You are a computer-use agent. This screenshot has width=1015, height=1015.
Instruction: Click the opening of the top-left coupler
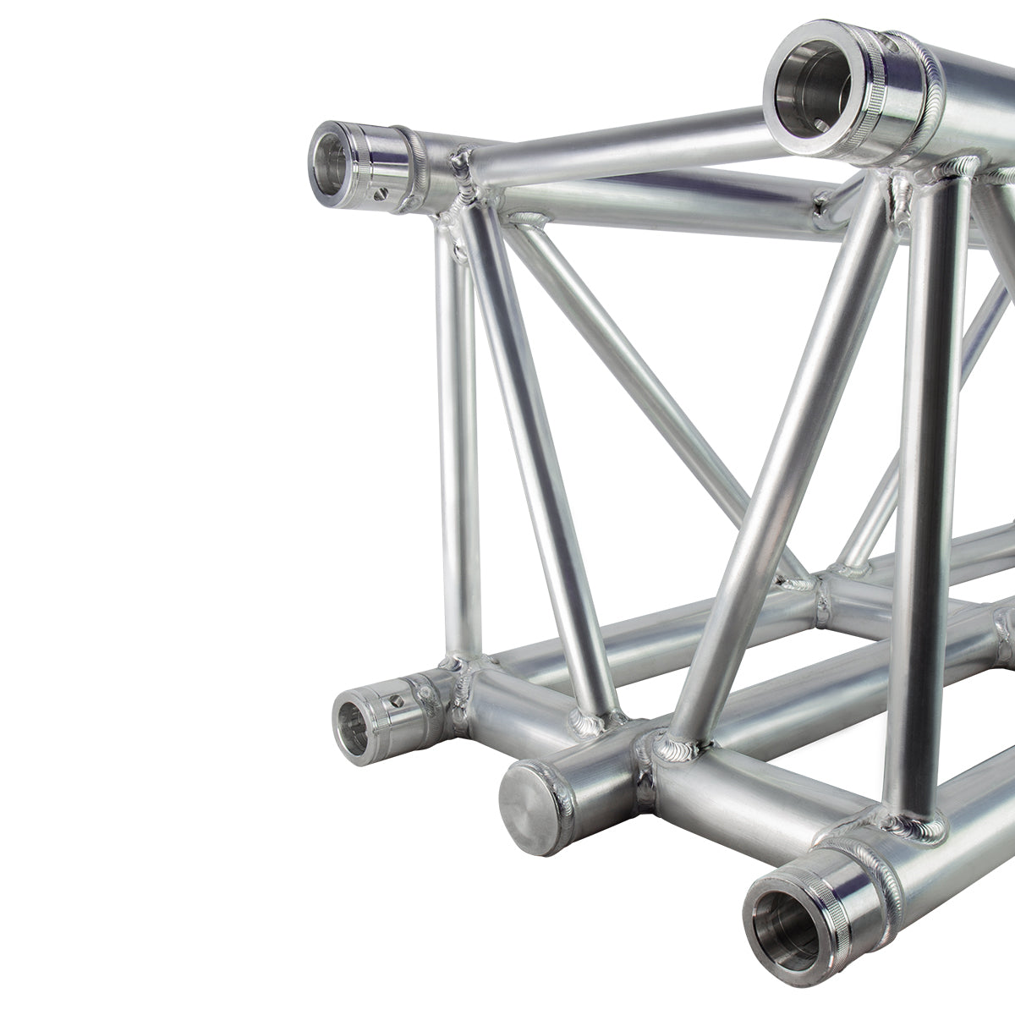coord(331,160)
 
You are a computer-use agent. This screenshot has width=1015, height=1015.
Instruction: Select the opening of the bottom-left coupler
coord(354,727)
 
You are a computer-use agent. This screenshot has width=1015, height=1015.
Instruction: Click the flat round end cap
coord(532,804)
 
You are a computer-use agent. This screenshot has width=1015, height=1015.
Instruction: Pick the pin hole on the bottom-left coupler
coord(398,701)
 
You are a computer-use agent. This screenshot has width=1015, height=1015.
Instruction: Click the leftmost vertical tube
coord(458,440)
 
